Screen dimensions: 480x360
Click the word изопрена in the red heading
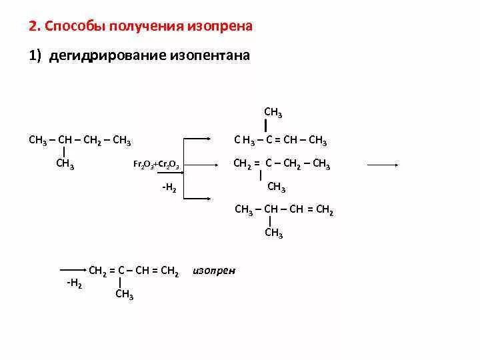221,27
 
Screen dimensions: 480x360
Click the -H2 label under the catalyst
169,189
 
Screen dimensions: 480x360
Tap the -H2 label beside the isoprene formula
74,283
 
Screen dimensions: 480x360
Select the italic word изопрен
214,271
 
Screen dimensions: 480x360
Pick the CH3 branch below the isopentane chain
65,165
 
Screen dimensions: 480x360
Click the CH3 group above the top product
273,113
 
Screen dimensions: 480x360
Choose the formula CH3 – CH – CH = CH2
284,210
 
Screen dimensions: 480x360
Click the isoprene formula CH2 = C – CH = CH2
133,271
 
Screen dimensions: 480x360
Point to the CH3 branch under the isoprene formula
125,295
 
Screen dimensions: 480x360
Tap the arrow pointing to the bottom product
198,199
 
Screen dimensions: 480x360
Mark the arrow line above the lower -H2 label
73,271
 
